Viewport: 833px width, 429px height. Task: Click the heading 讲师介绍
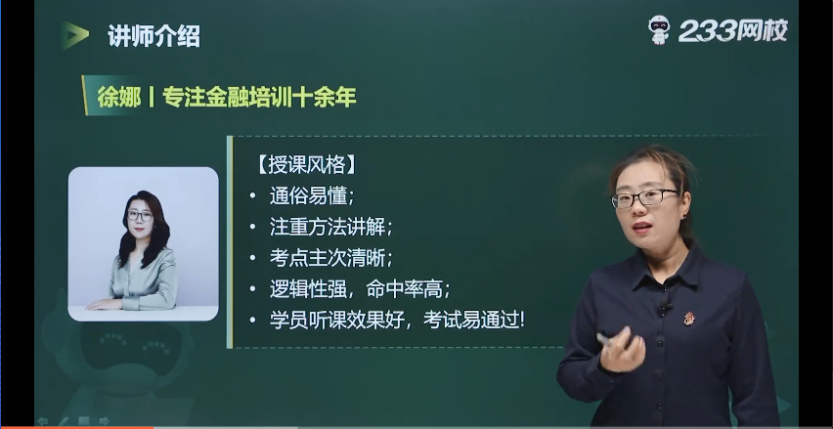(154, 36)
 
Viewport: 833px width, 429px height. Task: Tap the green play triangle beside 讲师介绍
(75, 35)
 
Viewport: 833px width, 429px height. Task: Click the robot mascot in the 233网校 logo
(659, 29)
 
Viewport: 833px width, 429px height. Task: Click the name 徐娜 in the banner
(119, 97)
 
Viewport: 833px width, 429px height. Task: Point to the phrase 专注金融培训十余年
(259, 97)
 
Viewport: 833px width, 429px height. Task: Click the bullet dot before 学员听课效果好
(253, 321)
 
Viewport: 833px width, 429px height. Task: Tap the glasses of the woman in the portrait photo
(140, 216)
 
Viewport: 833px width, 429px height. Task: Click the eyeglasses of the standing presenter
(644, 198)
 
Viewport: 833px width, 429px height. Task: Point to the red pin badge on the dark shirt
(688, 319)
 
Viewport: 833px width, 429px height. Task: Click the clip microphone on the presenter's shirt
(664, 308)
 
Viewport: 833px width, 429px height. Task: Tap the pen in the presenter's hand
(605, 339)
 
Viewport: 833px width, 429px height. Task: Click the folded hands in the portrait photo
(106, 304)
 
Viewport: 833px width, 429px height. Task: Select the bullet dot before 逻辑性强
(253, 289)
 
